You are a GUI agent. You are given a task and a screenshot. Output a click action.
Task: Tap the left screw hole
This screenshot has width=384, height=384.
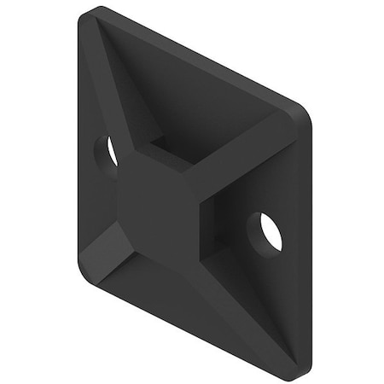coord(108,153)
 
